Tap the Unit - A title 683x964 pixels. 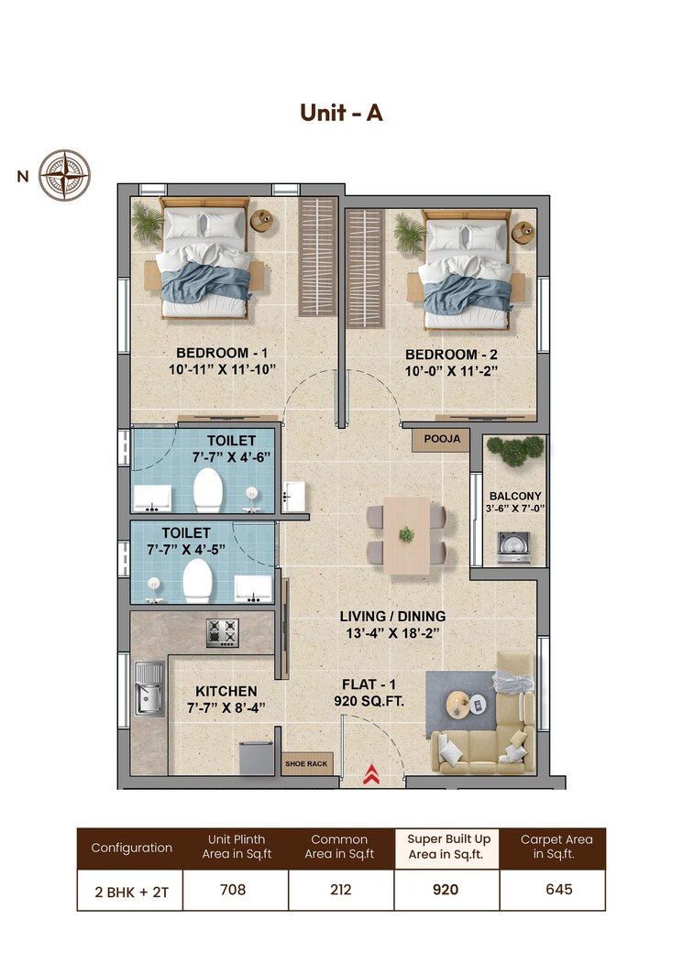pyautogui.click(x=341, y=112)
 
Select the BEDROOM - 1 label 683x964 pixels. pyautogui.click(x=213, y=353)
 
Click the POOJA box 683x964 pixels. pyautogui.click(x=442, y=440)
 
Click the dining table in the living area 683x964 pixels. pyautogui.click(x=406, y=535)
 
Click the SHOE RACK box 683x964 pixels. pyautogui.click(x=306, y=763)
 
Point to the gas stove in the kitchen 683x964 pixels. pyautogui.click(x=222, y=630)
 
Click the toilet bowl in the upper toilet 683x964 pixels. pyautogui.click(x=208, y=490)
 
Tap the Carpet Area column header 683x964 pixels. pyautogui.click(x=557, y=847)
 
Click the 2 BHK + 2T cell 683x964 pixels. pyautogui.click(x=130, y=889)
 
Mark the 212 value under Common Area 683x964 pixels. pyautogui.click(x=339, y=889)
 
